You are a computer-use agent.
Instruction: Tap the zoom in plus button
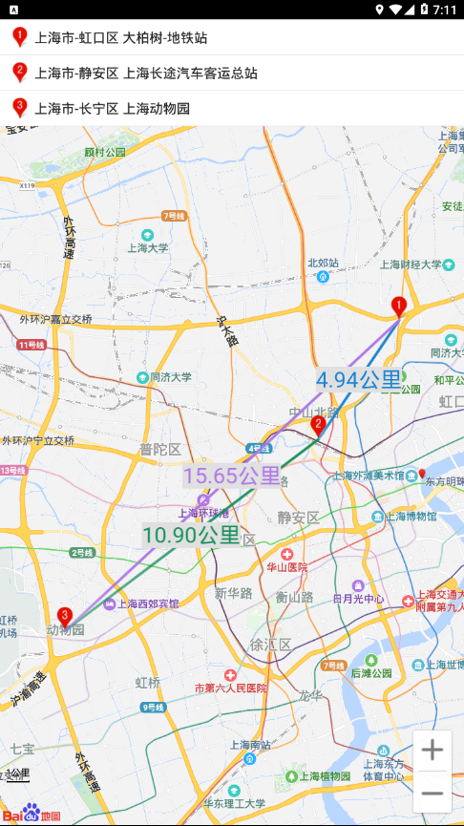coord(432,751)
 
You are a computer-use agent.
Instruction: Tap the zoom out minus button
coord(432,793)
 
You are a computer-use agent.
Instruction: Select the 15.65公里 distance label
coord(232,476)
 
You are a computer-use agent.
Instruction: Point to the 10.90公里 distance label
coord(191,535)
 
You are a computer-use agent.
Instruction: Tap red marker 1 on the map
coord(400,307)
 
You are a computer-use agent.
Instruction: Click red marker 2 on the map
coord(318,426)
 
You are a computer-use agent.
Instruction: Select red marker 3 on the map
coord(65,617)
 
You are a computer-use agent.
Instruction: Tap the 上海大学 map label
coord(148,246)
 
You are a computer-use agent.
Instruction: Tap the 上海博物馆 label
coord(411,516)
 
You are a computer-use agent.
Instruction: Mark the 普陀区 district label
coord(159,449)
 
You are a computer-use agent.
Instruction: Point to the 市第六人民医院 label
coord(231,687)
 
